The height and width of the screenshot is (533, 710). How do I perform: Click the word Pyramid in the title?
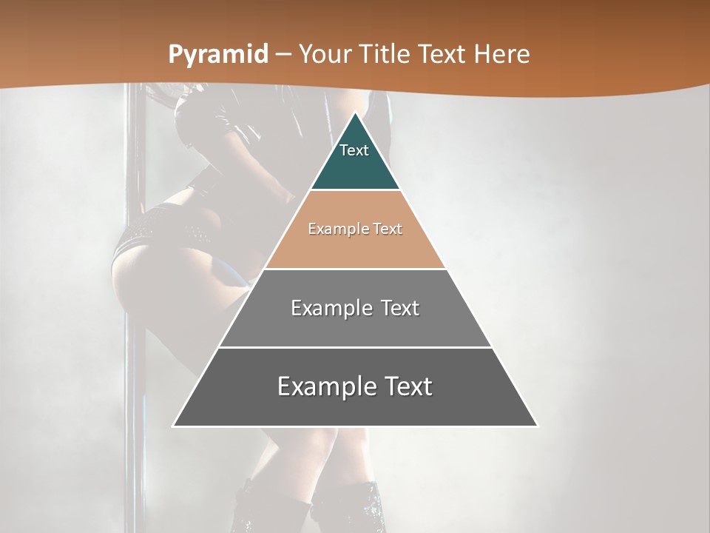[x=217, y=54]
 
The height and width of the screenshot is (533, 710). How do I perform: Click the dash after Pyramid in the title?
[x=283, y=55]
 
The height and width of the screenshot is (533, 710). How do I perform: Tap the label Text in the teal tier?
[x=354, y=150]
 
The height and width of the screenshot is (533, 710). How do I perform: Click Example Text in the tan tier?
[x=355, y=229]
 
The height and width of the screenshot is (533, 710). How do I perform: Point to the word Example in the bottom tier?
[x=325, y=386]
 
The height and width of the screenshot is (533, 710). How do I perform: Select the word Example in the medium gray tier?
[x=330, y=308]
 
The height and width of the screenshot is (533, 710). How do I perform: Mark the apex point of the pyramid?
[x=355, y=113]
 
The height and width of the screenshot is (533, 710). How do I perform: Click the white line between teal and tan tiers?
[x=355, y=190]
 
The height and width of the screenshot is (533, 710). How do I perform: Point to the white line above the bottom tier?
[x=355, y=347]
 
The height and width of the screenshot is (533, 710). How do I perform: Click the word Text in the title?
[x=442, y=54]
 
